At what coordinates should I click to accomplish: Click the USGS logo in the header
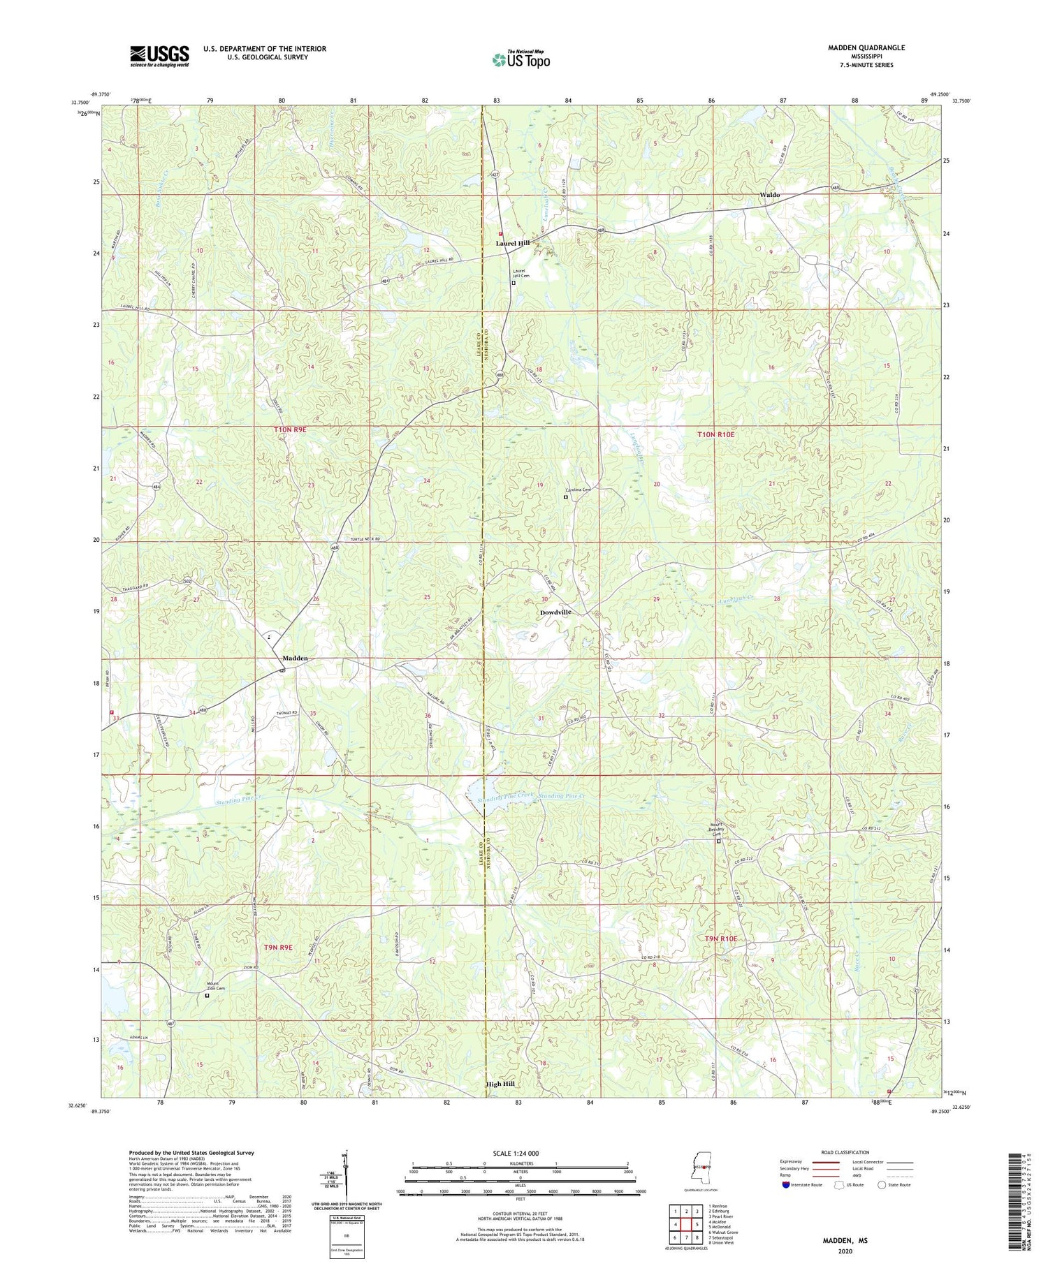click(x=159, y=56)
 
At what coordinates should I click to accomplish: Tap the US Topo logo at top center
click(x=521, y=60)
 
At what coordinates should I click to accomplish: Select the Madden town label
click(x=295, y=658)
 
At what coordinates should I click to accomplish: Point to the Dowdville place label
click(x=555, y=612)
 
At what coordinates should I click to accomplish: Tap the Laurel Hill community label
click(x=513, y=243)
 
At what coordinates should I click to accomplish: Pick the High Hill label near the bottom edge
click(x=500, y=1084)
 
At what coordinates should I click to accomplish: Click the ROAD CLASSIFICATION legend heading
click(x=845, y=1152)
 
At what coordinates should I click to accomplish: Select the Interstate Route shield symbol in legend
click(x=786, y=1185)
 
